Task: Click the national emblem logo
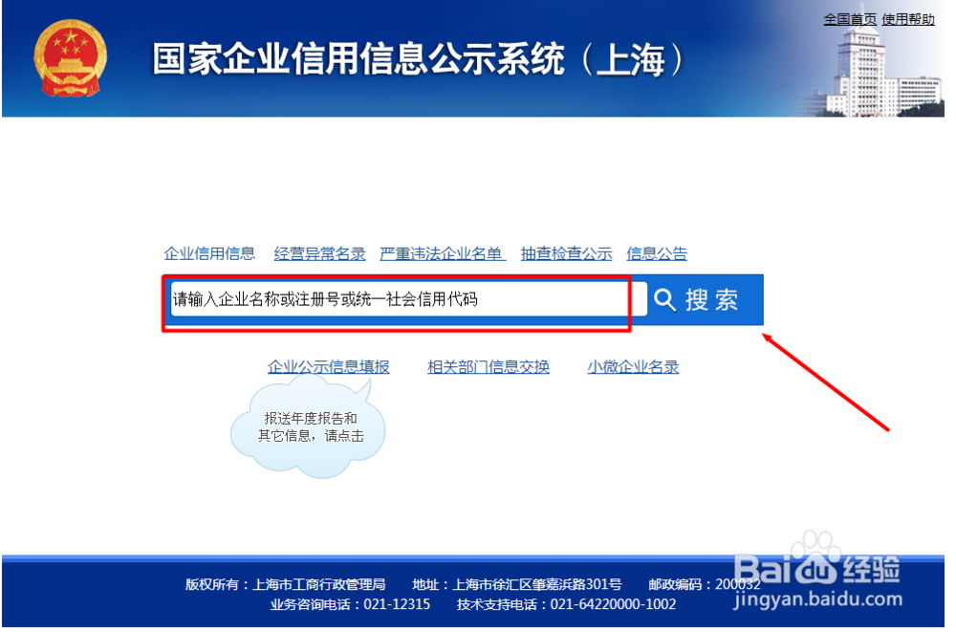point(71,58)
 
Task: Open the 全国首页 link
point(850,19)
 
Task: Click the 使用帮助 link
point(908,19)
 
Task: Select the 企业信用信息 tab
point(209,253)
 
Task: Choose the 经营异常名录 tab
point(319,253)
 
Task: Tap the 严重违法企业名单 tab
point(443,253)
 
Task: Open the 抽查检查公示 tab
point(566,253)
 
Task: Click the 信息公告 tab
point(657,253)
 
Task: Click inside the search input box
point(408,299)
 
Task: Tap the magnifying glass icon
point(664,299)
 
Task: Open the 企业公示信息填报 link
point(328,366)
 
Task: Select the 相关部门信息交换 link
point(489,366)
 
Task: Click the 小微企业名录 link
point(633,366)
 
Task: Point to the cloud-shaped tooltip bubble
point(308,427)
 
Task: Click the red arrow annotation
point(826,382)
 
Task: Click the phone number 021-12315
point(397,604)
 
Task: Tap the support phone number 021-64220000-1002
point(613,604)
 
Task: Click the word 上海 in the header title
point(630,60)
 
